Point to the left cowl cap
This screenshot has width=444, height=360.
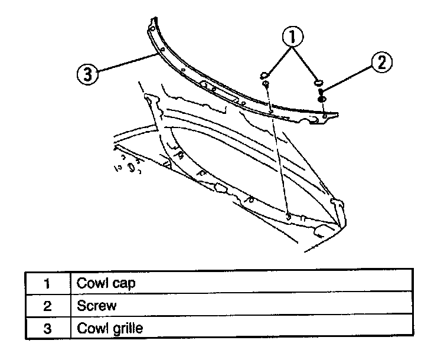tap(265, 74)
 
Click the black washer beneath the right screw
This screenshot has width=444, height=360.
tap(321, 99)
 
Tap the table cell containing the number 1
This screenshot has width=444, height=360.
tap(47, 283)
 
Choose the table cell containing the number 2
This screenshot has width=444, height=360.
tap(47, 306)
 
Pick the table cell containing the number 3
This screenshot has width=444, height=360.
tap(47, 328)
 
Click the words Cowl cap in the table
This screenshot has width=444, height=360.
tap(106, 283)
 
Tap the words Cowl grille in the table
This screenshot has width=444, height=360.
tap(110, 328)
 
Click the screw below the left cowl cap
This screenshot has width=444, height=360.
tap(266, 86)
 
